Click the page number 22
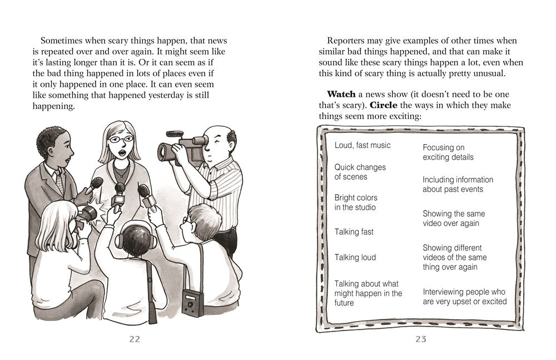[x=135, y=339]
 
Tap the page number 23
[x=420, y=339]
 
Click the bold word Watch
[x=341, y=94]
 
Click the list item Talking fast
[x=354, y=232]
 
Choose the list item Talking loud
[x=355, y=258]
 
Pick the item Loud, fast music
[x=362, y=145]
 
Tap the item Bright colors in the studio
[x=355, y=203]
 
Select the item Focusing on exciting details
[x=448, y=152]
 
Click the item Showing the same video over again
[x=453, y=219]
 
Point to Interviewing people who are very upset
[x=464, y=297]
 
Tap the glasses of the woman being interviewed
[x=123, y=139]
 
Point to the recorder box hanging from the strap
[x=193, y=304]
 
